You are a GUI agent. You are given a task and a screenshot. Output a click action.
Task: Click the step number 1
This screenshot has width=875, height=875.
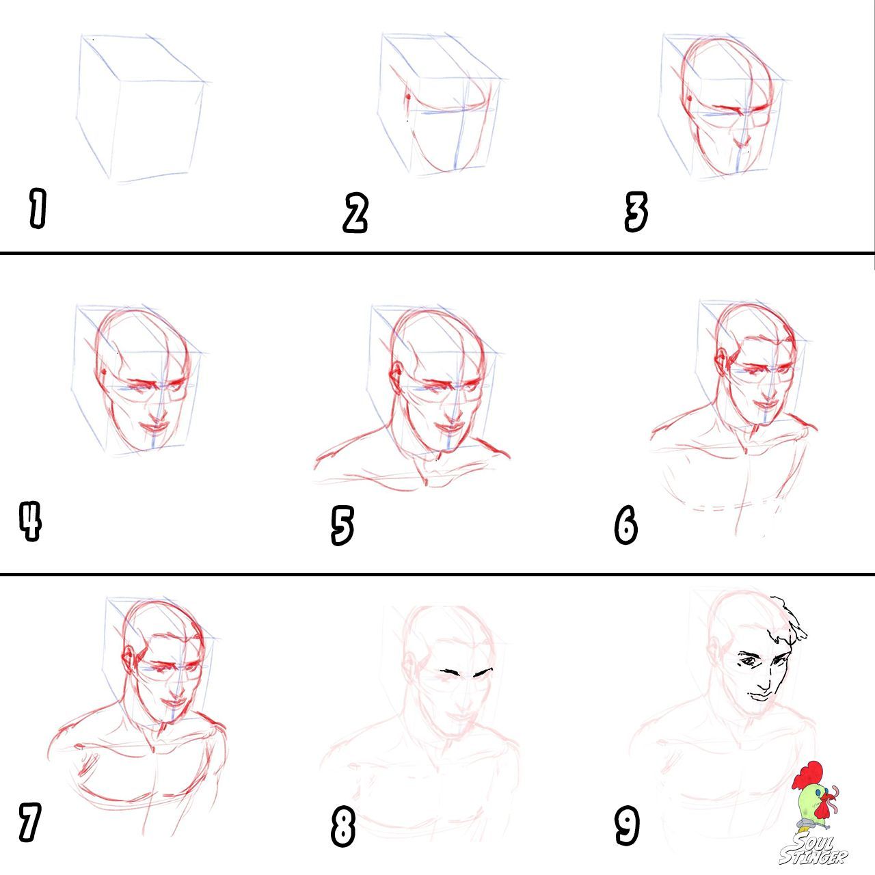coord(38,208)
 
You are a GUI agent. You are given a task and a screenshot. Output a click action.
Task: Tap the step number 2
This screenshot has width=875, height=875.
coord(355,213)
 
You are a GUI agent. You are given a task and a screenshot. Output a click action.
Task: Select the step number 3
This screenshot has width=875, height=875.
coord(636,212)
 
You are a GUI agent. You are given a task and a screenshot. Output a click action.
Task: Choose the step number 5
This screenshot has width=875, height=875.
coord(342,526)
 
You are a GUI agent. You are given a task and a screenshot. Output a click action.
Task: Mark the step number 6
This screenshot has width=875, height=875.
coord(625,525)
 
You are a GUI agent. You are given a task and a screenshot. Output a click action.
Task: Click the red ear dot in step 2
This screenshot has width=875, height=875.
coord(407,96)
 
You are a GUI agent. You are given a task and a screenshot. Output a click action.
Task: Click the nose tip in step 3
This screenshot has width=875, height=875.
coord(744,144)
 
